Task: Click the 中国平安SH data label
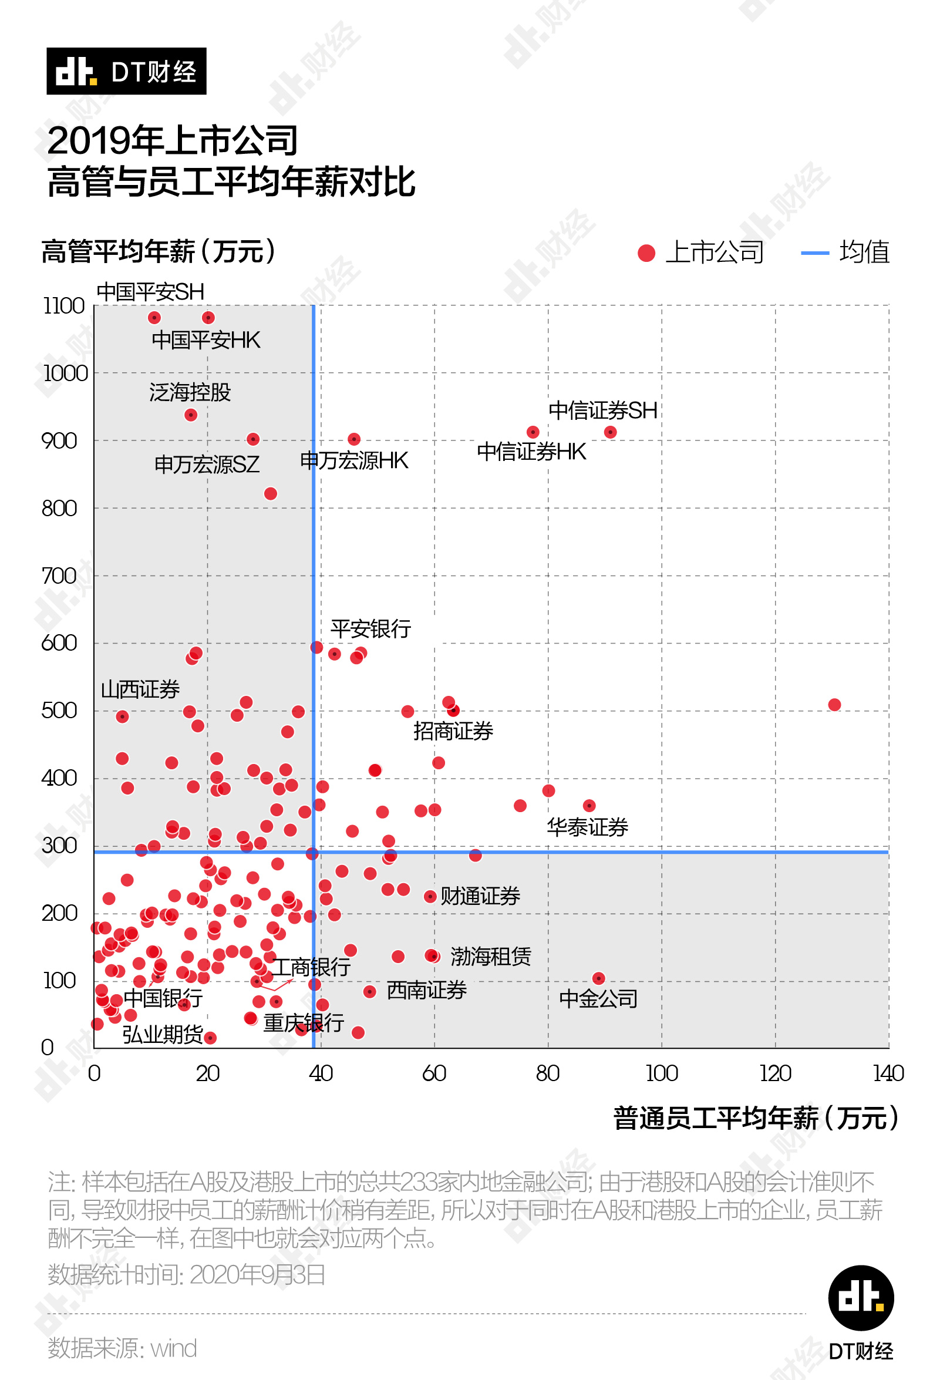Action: coord(150,292)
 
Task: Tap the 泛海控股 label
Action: coord(190,392)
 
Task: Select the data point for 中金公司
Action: coord(598,978)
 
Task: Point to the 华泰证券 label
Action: coord(587,827)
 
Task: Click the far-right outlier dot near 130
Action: coord(834,705)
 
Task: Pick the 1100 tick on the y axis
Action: coord(64,307)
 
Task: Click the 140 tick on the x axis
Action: coord(888,1073)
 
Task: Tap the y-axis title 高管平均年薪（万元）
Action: coord(159,251)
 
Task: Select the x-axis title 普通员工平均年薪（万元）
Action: coord(756,1118)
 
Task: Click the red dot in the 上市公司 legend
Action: coord(646,253)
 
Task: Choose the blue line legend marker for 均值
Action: coord(815,253)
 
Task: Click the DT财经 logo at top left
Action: coord(126,71)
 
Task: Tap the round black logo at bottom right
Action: coord(860,1297)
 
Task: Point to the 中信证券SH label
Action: coord(603,410)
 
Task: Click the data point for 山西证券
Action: coord(122,717)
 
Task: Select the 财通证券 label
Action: coord(480,896)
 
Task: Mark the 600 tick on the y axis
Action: coord(59,643)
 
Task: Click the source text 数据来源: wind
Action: coord(122,1348)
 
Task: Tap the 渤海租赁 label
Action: coord(491,957)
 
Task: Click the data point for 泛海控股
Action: coord(191,415)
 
